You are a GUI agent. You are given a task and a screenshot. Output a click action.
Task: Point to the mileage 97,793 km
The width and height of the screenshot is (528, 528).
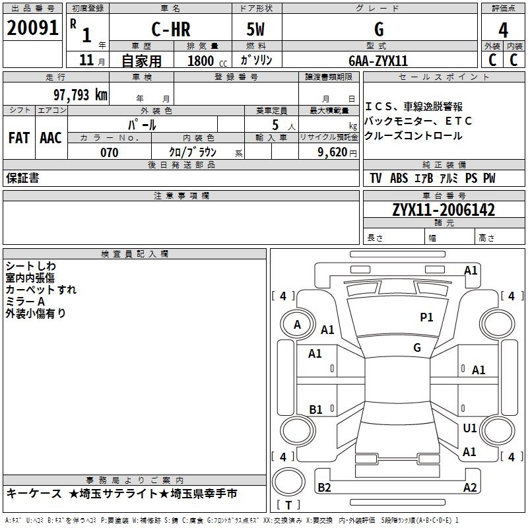[80, 94]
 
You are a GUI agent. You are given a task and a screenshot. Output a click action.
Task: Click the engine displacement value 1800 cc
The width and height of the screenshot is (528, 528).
[205, 61]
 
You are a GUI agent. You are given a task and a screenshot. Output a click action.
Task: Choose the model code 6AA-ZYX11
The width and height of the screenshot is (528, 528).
[378, 61]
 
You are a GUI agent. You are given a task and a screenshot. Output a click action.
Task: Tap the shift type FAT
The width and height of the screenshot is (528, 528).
[18, 137]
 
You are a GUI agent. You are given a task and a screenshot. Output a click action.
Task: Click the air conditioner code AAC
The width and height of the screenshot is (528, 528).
[51, 137]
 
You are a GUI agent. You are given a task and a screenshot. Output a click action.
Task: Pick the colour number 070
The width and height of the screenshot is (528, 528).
[110, 152]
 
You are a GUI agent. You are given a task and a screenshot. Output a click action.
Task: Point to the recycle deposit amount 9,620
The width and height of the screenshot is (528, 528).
[333, 152]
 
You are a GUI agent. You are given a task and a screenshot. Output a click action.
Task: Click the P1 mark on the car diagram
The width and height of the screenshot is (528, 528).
[427, 317]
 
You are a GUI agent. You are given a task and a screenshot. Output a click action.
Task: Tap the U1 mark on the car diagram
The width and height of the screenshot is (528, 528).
[470, 428]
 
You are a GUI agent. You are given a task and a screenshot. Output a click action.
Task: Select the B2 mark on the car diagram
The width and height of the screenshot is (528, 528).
[325, 488]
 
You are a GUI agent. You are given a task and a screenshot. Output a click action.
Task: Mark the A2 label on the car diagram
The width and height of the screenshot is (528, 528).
[470, 488]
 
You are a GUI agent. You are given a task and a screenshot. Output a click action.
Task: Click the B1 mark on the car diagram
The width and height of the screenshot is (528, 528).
[315, 409]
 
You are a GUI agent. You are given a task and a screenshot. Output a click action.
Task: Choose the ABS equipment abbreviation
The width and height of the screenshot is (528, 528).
[399, 179]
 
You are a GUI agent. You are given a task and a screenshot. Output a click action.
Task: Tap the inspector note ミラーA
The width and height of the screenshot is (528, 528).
[25, 302]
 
